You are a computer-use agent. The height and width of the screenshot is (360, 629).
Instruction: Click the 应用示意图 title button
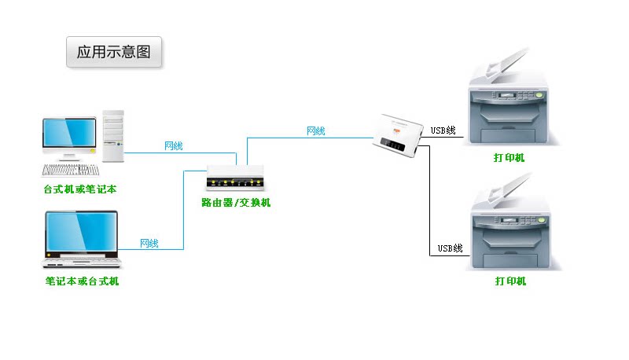[x=114, y=53]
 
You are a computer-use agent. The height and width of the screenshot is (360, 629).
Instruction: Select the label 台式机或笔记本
[x=80, y=189]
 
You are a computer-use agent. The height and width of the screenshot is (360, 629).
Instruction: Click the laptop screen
[x=80, y=232]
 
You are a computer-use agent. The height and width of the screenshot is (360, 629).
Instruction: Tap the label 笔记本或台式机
[x=82, y=281]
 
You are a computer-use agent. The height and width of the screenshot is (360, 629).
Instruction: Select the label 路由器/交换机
[x=235, y=203]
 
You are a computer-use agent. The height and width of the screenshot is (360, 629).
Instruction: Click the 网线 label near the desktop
[x=173, y=146]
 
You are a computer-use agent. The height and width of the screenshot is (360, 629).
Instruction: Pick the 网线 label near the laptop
[x=149, y=244]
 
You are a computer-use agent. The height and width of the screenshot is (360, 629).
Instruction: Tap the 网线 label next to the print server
[x=315, y=131]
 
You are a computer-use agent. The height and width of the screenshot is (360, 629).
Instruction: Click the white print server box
[x=401, y=135]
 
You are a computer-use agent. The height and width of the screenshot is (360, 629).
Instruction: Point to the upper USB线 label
[x=443, y=130]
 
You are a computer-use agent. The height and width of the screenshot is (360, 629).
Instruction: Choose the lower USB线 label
[x=450, y=248]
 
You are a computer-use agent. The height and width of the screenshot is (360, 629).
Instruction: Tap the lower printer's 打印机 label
[x=510, y=281]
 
